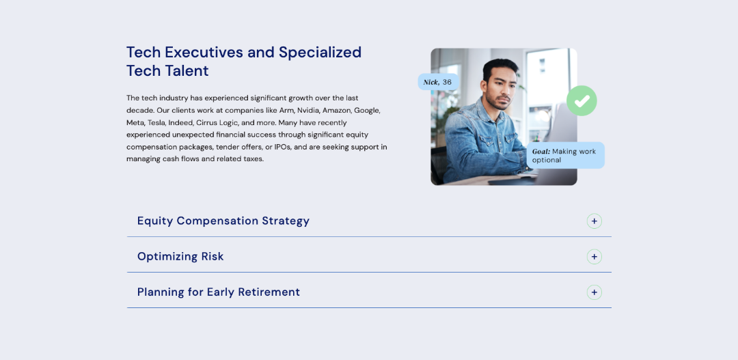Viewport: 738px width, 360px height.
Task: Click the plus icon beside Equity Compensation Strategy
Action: coord(594,221)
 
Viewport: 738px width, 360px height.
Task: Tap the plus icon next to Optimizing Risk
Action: coord(594,256)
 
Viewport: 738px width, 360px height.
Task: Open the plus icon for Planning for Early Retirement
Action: coord(594,292)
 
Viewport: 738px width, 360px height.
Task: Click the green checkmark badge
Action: coord(582,100)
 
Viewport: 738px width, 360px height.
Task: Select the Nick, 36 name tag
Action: coord(438,82)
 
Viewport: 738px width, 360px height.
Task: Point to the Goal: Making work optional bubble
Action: coord(565,155)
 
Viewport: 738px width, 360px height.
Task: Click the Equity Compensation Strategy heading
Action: coord(223,221)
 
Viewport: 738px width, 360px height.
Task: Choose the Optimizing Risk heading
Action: coord(180,256)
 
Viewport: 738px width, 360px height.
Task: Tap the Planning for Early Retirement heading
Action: coord(219,292)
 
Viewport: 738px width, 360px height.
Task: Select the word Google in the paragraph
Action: coord(366,111)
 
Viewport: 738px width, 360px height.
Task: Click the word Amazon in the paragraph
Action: coord(336,111)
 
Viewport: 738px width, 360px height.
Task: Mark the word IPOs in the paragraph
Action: coord(284,147)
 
